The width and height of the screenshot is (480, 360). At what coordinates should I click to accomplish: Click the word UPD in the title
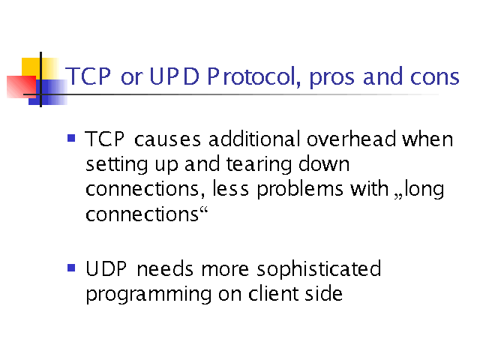[174, 76]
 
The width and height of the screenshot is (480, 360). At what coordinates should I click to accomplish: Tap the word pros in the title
[331, 78]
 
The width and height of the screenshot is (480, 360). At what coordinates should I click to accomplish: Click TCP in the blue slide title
[88, 76]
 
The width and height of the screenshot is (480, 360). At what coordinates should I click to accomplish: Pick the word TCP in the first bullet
[105, 139]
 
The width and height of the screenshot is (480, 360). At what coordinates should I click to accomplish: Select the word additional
[254, 139]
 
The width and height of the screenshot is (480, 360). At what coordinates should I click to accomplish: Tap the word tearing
[259, 165]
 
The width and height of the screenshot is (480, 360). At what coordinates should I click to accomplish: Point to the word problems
[300, 190]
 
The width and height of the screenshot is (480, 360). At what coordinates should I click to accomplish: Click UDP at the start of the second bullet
[106, 269]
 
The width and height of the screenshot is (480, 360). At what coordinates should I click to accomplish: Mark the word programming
[148, 295]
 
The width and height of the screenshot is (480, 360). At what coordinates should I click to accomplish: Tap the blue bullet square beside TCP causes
[71, 138]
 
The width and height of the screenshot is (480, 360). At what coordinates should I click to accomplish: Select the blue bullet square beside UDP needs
[71, 268]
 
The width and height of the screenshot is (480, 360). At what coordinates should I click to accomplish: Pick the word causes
[168, 140]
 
